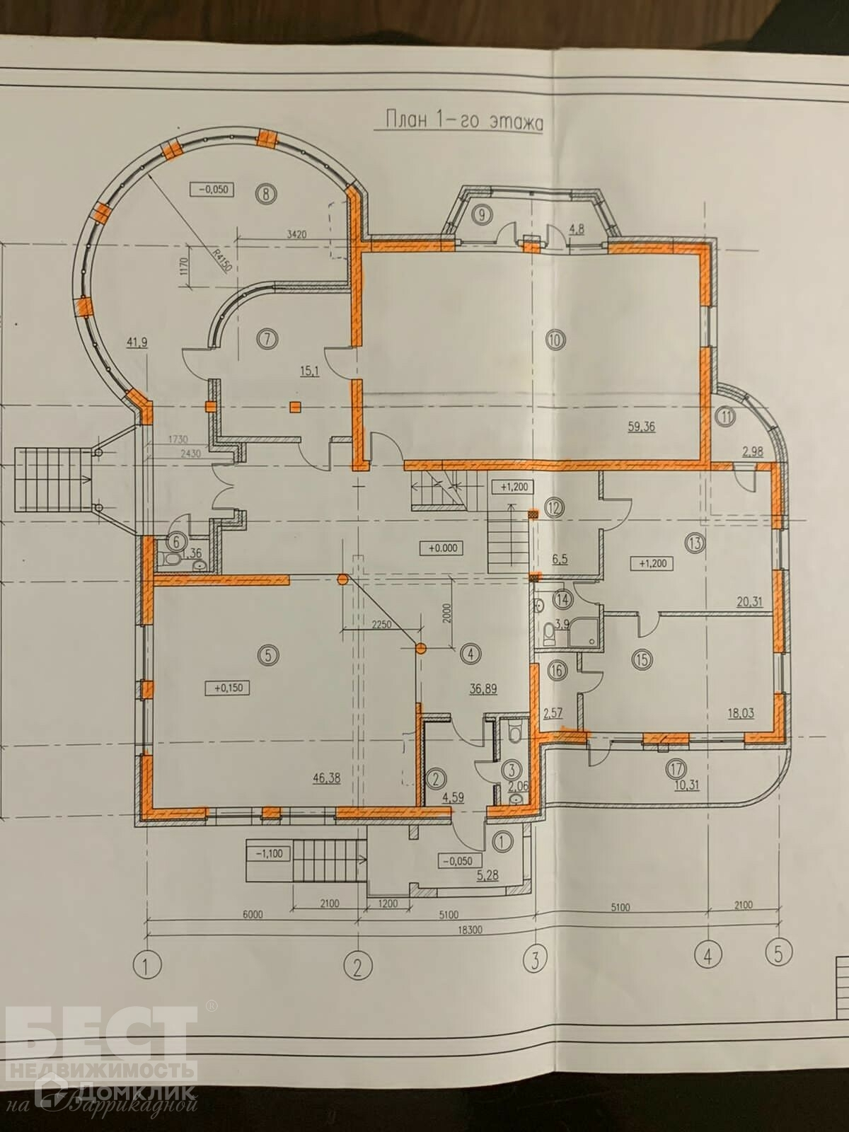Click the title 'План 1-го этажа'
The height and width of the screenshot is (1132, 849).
point(463,120)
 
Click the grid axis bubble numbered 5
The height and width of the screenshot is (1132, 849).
point(778,954)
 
